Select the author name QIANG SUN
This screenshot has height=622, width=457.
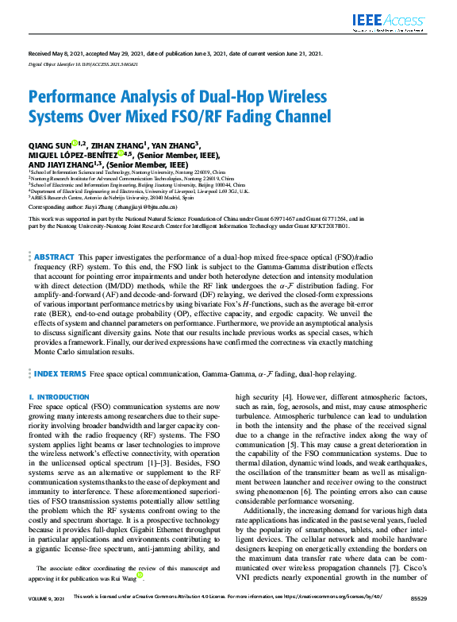49,145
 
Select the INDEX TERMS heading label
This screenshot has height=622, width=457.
60,373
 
